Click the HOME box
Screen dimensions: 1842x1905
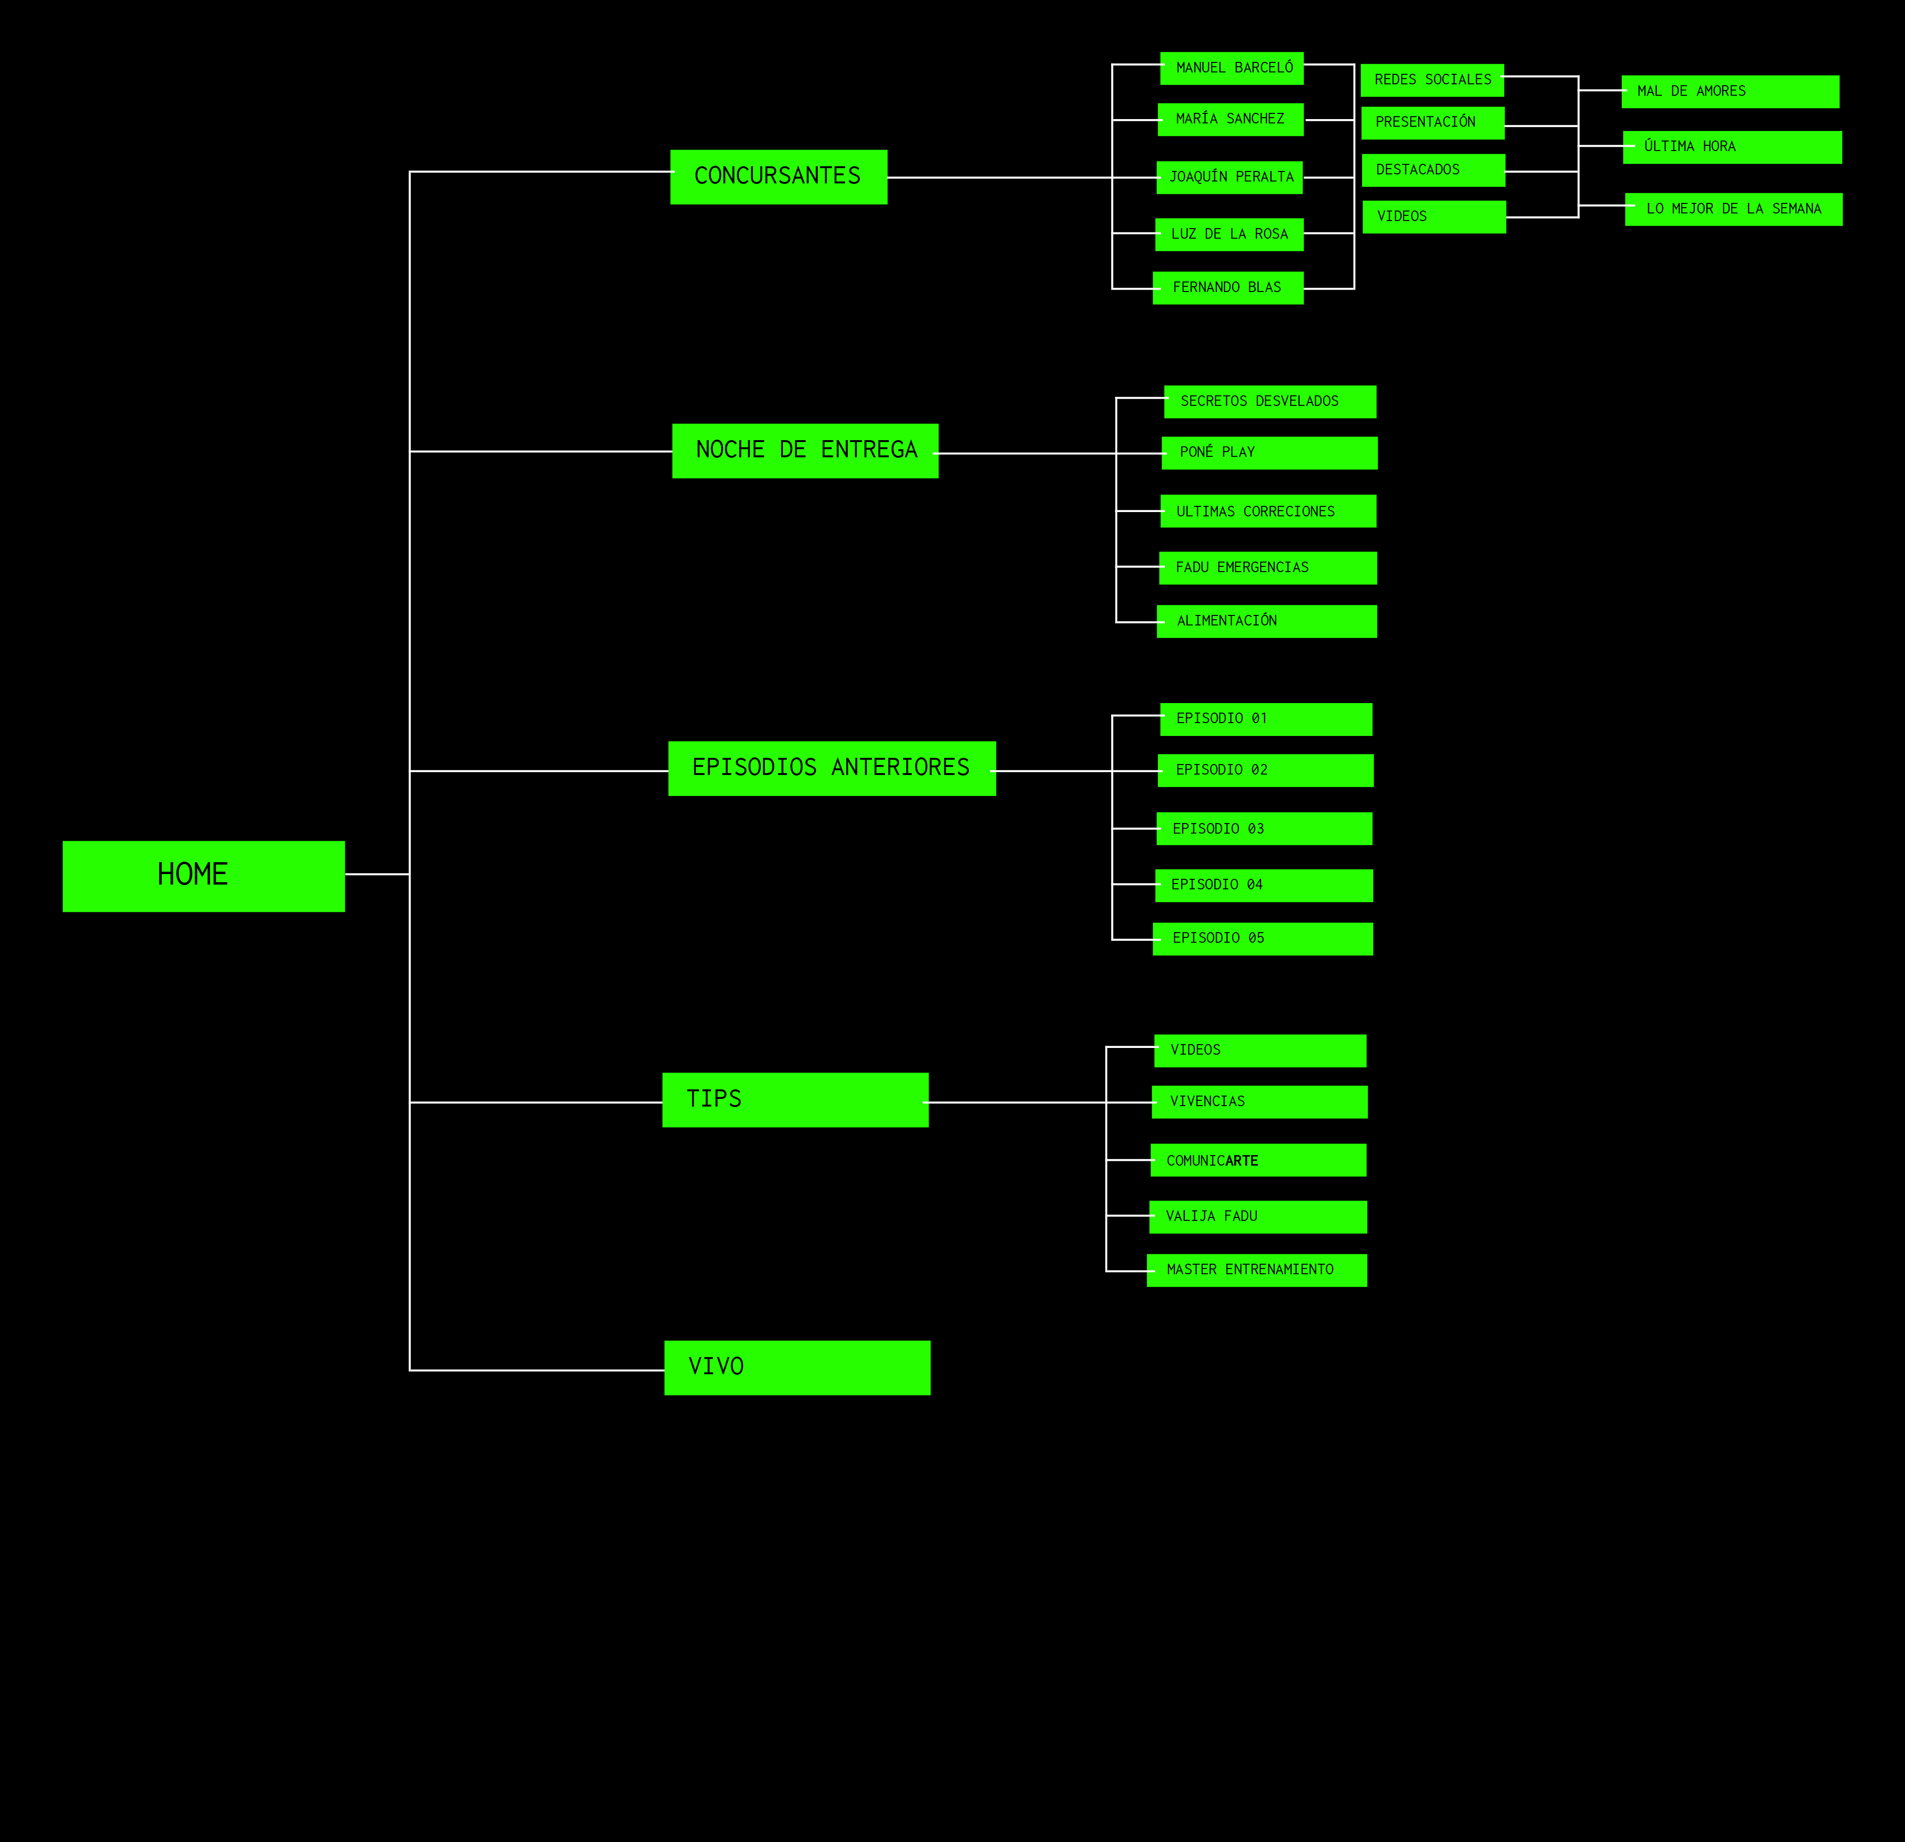coord(203,876)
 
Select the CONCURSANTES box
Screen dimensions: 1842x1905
coord(779,177)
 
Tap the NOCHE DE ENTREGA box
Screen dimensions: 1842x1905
coord(805,450)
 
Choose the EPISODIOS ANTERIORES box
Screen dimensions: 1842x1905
coord(832,768)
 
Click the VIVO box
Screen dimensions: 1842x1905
coord(797,1368)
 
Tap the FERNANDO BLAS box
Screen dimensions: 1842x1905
coord(1228,288)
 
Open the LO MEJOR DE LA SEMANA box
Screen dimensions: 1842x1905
coord(1733,209)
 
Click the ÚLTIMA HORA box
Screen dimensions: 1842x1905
coord(1732,147)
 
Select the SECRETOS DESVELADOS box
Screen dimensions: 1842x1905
coord(1269,402)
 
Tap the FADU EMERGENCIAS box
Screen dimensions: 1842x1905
coord(1267,568)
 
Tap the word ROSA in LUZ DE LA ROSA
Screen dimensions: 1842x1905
coord(1271,234)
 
